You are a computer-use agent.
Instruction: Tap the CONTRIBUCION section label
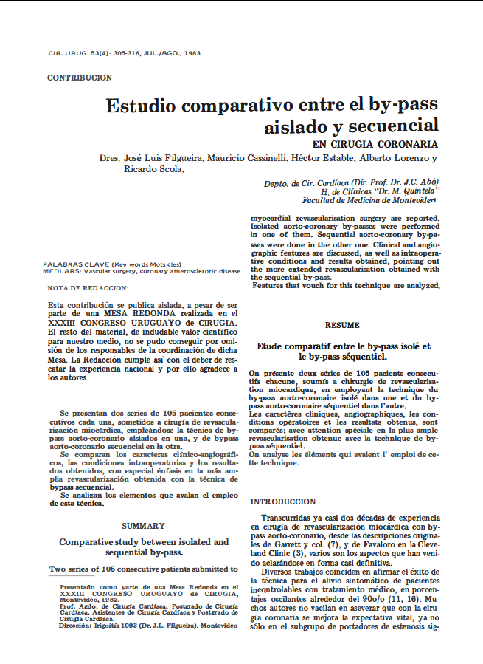click(x=80, y=78)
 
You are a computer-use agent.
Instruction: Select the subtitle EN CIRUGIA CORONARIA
click(x=375, y=144)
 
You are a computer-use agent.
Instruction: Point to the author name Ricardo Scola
click(x=152, y=169)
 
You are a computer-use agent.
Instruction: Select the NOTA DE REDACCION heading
click(x=87, y=287)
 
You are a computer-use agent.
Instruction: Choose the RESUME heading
click(x=343, y=325)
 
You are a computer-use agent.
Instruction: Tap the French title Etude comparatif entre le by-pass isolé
click(x=343, y=346)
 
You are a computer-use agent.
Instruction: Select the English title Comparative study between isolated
click(x=144, y=542)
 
